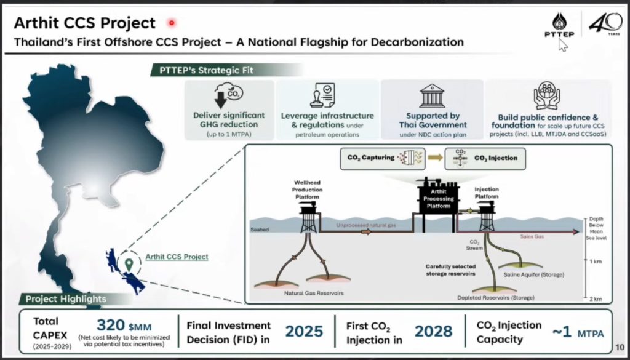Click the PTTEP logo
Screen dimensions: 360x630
point(559,27)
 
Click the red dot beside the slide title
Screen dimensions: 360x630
point(172,23)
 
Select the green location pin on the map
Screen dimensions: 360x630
point(129,263)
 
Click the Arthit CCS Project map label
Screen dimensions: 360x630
point(177,257)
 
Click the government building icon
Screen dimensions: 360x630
point(432,96)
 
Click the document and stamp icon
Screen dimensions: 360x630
point(327,95)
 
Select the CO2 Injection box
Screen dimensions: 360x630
point(489,158)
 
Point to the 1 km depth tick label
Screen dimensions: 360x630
point(594,262)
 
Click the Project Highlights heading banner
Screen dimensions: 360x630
point(66,300)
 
